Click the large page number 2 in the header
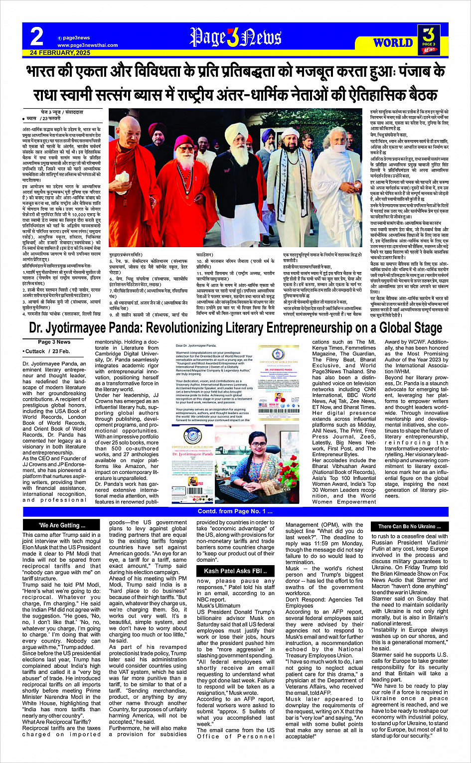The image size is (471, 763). (x=36, y=37)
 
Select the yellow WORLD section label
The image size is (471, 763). (x=393, y=42)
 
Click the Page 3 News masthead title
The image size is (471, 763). (x=235, y=37)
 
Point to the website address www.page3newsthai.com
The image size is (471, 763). (x=88, y=45)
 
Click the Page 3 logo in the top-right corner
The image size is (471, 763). (x=429, y=39)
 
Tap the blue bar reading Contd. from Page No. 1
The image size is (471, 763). (x=235, y=511)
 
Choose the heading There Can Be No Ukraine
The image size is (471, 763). (x=409, y=526)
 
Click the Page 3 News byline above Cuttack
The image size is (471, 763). (x=54, y=342)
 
